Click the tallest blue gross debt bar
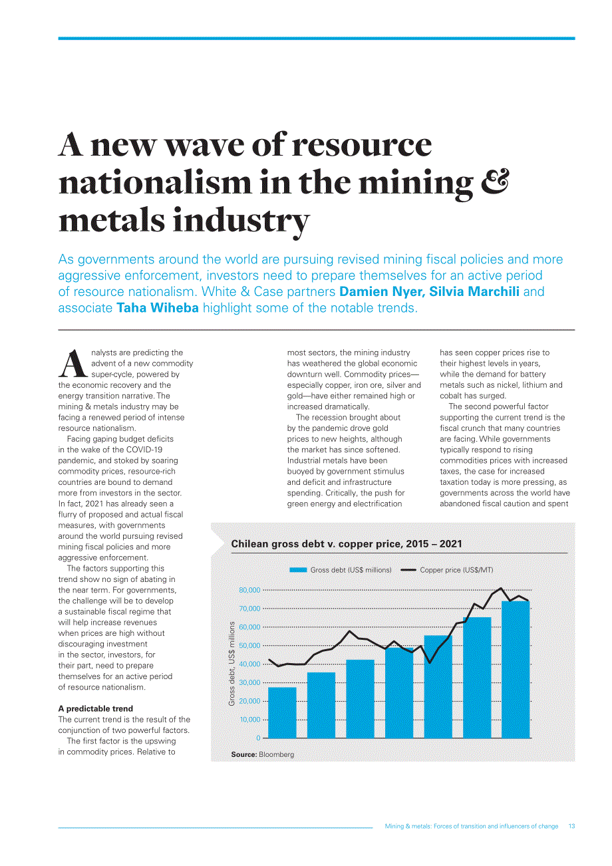(x=516, y=670)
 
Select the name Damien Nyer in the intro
(x=382, y=291)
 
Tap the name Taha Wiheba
(x=158, y=308)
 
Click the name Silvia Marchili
(x=474, y=291)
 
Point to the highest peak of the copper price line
(x=501, y=589)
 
